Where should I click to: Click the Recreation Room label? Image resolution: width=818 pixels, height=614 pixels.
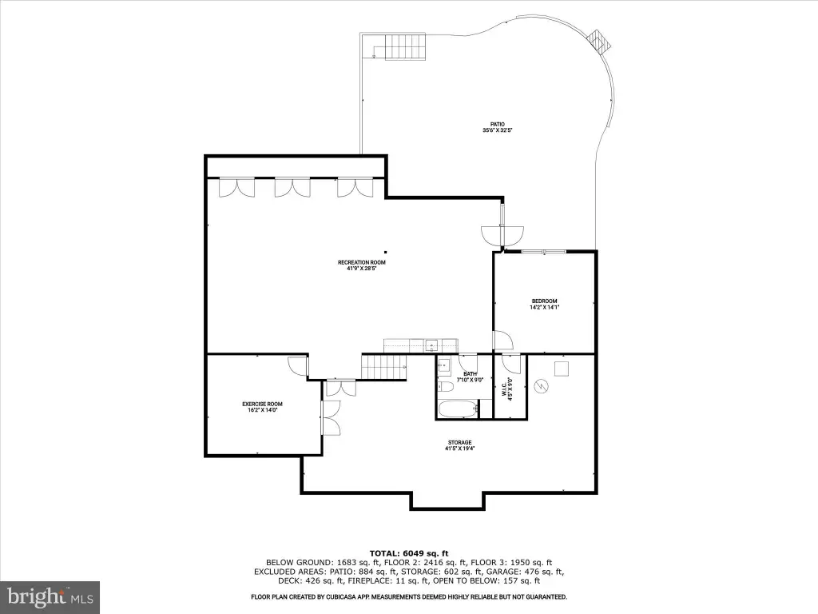point(362,265)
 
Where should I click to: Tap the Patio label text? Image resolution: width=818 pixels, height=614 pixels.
point(497,127)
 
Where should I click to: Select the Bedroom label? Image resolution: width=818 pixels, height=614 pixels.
point(544,304)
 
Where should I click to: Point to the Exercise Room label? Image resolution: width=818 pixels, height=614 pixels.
point(262,407)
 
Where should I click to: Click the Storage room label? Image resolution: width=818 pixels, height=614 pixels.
point(459,445)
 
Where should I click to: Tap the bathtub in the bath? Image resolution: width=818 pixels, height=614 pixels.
point(458,409)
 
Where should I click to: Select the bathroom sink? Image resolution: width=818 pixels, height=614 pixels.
point(444,366)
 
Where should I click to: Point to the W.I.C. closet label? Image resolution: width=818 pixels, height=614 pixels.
point(507,389)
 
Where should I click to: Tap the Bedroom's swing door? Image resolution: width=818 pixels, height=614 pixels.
point(504,340)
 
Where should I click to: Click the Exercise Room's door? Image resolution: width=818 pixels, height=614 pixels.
point(298,365)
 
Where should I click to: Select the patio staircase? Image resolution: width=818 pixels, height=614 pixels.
point(405,46)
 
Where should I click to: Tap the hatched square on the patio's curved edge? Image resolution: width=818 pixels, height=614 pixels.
point(598,42)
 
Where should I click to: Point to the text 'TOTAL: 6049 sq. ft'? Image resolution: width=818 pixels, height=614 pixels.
point(409,553)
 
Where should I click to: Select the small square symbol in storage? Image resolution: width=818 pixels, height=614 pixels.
point(562,368)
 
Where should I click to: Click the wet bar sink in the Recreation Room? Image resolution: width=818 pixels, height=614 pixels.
point(431,345)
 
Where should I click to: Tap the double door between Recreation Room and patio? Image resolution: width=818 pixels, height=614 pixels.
point(502,235)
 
